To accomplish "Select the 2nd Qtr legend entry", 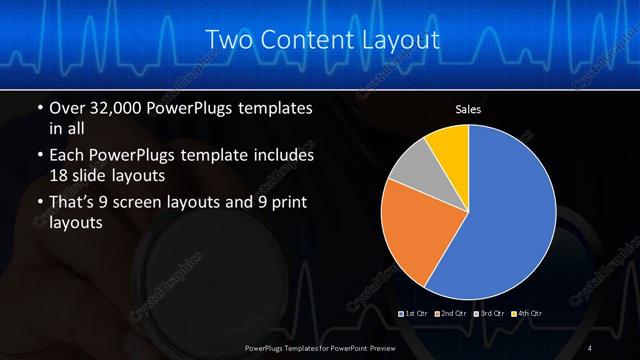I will click(453, 314).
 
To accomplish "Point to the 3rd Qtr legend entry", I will click(489, 314).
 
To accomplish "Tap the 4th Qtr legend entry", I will click(526, 314).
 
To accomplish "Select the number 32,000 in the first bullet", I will click(122, 108).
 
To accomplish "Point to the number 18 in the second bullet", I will click(60, 176).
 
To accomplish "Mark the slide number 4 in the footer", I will click(590, 347).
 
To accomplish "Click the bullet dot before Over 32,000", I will click(40, 108).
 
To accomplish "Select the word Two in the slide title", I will click(226, 41).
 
